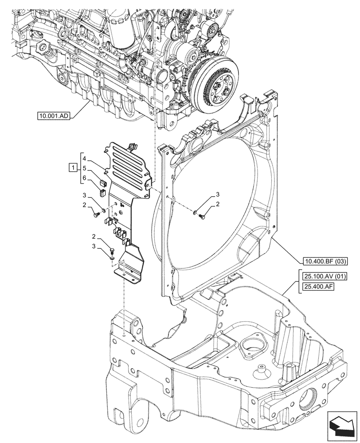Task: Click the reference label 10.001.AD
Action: (54, 117)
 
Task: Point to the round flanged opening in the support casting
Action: (253, 343)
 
